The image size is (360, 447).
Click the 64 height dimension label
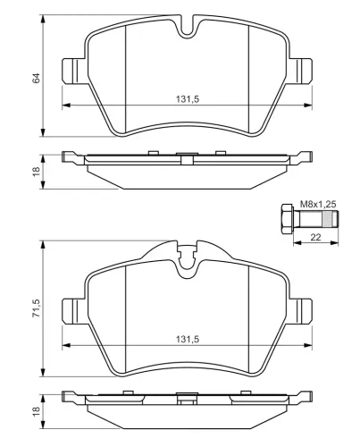[x=37, y=78]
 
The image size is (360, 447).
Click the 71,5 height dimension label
[x=37, y=308]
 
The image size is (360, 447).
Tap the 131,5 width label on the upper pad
[x=188, y=99]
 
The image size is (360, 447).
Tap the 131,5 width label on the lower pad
[x=188, y=339]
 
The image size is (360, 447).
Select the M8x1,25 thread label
[x=318, y=205]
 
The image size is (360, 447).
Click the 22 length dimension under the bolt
[x=315, y=237]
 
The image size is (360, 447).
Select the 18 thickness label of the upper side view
[x=37, y=172]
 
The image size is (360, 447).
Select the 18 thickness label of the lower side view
[x=37, y=411]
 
